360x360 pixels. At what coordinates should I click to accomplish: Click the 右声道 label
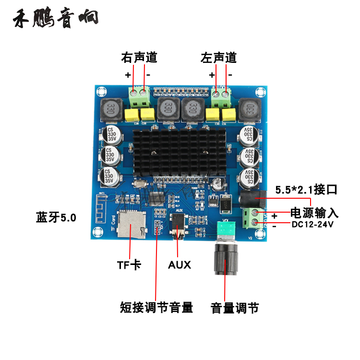(139, 58)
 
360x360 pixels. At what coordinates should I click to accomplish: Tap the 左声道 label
(219, 58)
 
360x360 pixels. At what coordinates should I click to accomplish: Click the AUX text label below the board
(180, 264)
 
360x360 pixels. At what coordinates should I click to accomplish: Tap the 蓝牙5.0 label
(56, 217)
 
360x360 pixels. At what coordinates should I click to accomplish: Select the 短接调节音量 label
(156, 307)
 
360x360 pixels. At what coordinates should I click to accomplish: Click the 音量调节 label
(235, 308)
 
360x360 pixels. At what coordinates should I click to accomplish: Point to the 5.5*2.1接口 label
(306, 190)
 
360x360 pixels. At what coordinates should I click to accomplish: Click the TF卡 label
(129, 264)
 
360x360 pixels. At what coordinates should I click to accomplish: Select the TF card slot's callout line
(131, 245)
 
